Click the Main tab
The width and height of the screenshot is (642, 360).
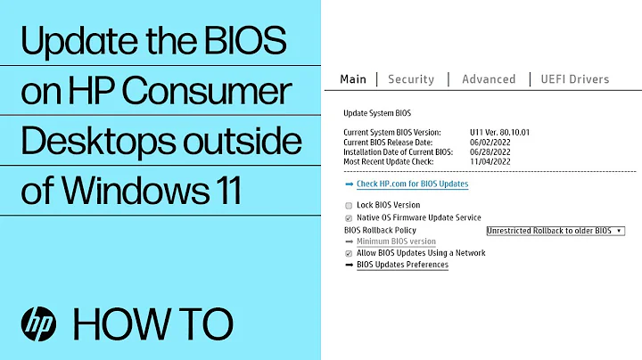click(353, 79)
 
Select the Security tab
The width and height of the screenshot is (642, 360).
click(410, 79)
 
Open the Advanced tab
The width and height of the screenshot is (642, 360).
click(489, 79)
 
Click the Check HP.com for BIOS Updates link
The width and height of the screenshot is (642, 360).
click(412, 184)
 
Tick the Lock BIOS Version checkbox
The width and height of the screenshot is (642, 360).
click(348, 205)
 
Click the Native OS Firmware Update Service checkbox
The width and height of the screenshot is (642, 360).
click(348, 217)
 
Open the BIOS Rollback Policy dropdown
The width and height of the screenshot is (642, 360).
click(556, 230)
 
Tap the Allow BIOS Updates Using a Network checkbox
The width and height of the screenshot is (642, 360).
click(348, 253)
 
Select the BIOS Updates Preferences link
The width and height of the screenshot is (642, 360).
click(402, 265)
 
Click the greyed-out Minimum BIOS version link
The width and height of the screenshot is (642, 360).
click(396, 241)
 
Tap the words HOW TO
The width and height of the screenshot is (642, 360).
click(153, 321)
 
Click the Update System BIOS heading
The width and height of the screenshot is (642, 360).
click(377, 114)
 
